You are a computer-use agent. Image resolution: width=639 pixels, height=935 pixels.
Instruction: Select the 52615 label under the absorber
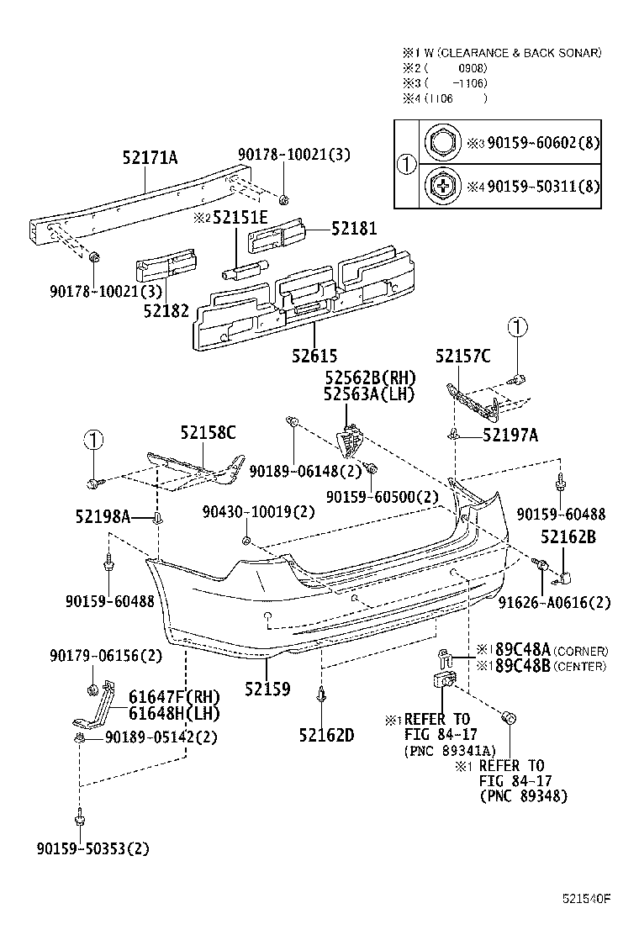[x=315, y=356]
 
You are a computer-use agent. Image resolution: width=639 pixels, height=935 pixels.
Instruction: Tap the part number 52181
[x=353, y=228]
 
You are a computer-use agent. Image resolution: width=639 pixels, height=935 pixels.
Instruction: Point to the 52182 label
[x=165, y=310]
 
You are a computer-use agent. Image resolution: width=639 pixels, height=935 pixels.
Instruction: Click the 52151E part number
[x=239, y=218]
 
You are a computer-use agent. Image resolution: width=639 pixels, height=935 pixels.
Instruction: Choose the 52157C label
[x=462, y=356]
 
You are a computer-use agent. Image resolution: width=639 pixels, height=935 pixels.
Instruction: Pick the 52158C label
[x=208, y=433]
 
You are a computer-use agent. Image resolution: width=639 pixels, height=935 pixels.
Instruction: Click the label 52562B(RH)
[x=369, y=378]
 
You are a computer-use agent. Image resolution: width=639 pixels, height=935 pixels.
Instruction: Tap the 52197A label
[x=510, y=434]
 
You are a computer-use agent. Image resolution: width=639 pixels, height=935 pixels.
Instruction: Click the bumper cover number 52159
[x=267, y=689]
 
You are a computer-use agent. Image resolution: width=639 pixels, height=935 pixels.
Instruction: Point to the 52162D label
[x=325, y=735]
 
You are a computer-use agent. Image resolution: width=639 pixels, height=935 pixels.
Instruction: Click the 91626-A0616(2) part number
[x=566, y=602]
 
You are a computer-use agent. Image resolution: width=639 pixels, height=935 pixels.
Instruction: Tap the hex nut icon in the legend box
[x=441, y=143]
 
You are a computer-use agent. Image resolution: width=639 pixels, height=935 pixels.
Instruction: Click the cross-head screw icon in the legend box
[x=441, y=184]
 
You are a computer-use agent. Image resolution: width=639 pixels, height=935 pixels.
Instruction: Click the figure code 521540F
[x=586, y=899]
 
